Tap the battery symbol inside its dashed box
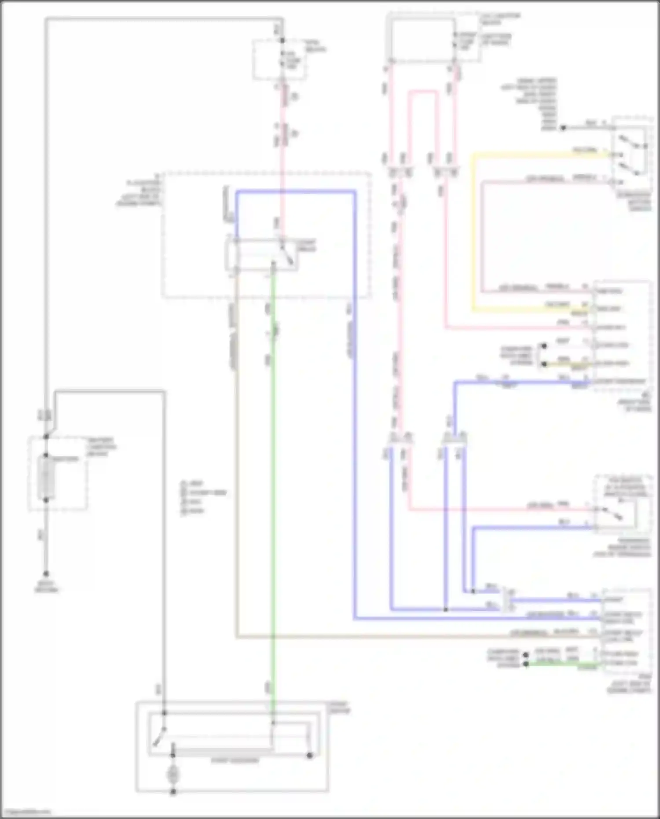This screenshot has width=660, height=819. pyautogui.click(x=46, y=477)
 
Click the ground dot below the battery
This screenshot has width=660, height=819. pyautogui.click(x=46, y=574)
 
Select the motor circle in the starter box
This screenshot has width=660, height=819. pyautogui.click(x=173, y=774)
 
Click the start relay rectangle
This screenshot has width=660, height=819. pyautogui.click(x=262, y=255)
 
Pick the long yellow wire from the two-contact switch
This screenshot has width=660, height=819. pyautogui.click(x=473, y=229)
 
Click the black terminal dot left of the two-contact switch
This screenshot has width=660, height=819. pyautogui.click(x=562, y=128)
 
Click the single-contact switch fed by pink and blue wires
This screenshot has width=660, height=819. pyautogui.click(x=615, y=513)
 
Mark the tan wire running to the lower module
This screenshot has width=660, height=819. pyautogui.click(x=236, y=484)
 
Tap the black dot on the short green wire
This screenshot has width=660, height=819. pyautogui.click(x=525, y=665)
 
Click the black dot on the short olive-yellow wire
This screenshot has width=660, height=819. pyautogui.click(x=544, y=364)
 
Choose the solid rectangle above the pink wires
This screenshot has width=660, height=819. pyautogui.click(x=423, y=40)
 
